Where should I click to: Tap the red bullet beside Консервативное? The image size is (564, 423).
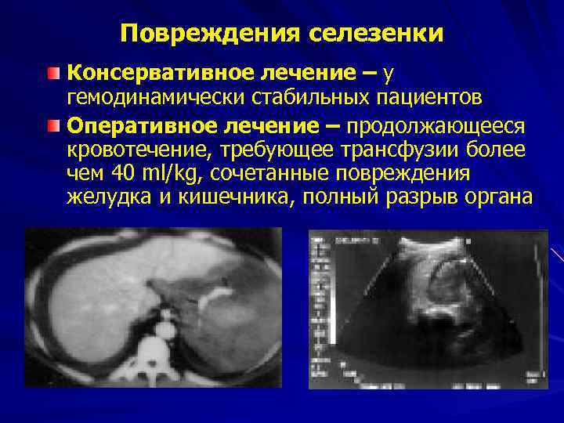tap(52, 74)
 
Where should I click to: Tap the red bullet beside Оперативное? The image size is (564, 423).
tap(52, 125)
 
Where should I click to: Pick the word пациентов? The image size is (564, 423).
tap(425, 98)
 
